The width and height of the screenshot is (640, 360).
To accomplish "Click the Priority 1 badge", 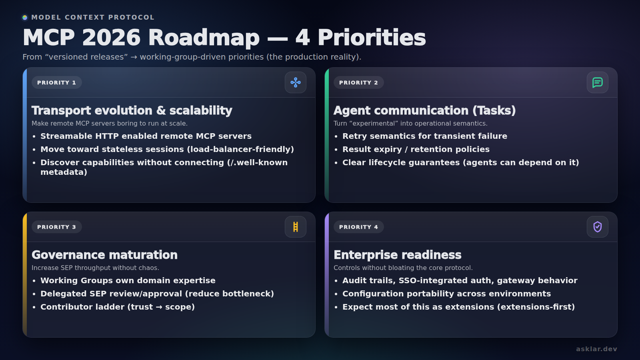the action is [56, 82].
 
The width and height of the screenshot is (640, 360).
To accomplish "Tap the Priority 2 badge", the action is [358, 82].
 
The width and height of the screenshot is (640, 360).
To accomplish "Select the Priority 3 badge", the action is [56, 227].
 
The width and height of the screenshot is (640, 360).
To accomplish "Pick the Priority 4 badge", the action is [358, 227].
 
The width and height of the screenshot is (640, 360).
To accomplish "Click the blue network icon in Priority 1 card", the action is [296, 82].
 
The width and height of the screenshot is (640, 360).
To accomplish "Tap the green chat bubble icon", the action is [598, 82].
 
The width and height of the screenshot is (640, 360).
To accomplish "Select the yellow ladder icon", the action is [296, 227].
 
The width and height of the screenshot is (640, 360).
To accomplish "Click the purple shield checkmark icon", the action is [598, 227].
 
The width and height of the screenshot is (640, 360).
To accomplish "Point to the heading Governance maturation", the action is [104, 255].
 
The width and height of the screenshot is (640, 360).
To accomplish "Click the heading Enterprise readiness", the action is [398, 255].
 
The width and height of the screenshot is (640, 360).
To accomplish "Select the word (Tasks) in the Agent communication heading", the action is [494, 110].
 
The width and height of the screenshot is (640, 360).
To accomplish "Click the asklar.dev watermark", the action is [596, 349].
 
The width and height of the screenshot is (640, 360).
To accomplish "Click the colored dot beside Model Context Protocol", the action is [25, 18].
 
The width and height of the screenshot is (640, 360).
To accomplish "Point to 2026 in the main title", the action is [111, 38].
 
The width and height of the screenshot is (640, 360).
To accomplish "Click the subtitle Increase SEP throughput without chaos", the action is [96, 268].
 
